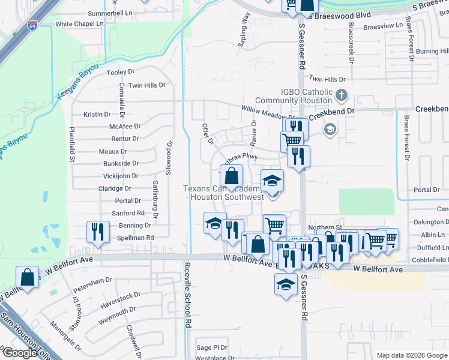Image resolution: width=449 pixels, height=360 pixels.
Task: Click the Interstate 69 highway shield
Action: pyautogui.click(x=32, y=26)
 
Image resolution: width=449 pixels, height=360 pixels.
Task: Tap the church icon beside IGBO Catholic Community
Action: pyautogui.click(x=341, y=95)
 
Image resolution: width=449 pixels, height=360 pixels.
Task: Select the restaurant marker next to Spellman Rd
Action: pyautogui.click(x=97, y=232)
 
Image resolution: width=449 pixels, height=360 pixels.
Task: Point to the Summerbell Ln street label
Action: pyautogui.click(x=110, y=13)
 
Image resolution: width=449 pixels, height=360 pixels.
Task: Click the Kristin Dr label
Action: pyautogui.click(x=97, y=114)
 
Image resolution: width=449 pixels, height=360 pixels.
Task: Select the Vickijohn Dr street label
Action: pyautogui.click(x=121, y=176)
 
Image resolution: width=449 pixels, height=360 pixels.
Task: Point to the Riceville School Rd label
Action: pyautogui.click(x=188, y=295)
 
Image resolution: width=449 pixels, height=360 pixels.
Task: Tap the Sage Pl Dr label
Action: pyautogui.click(x=212, y=347)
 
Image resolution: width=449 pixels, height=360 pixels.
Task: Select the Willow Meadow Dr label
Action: pyautogui.click(x=268, y=113)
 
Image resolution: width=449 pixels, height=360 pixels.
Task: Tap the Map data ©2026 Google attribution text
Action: pyautogui.click(x=411, y=355)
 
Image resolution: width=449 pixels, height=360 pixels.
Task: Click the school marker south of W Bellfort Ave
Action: pyautogui.click(x=286, y=283)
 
